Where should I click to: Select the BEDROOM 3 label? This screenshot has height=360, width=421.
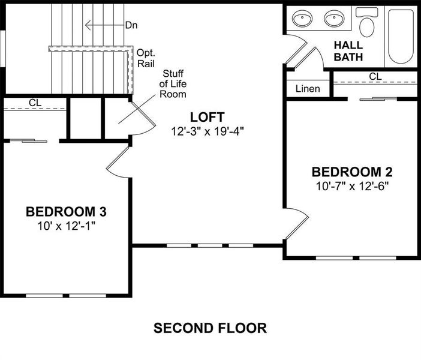66,212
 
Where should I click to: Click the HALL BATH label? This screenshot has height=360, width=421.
348,51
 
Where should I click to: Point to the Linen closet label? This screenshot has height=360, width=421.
308,89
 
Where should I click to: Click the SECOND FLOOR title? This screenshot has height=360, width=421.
210,328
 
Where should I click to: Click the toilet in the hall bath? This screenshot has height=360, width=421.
366,23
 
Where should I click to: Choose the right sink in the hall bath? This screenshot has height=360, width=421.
335,20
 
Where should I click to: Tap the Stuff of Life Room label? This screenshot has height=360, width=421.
173,84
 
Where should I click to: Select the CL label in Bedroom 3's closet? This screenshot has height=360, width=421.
35,103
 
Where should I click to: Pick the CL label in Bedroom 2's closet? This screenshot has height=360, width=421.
375,76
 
